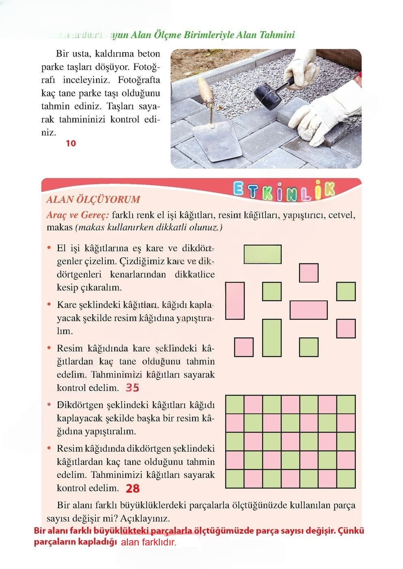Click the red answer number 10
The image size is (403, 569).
coord(71,143)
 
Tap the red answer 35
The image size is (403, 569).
coord(132,388)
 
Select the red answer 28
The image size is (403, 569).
coord(133,488)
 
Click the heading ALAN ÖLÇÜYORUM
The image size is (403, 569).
coord(93,200)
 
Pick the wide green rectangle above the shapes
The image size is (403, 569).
coord(263,254)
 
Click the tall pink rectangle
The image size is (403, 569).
coord(235,301)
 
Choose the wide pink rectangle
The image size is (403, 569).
coord(308,310)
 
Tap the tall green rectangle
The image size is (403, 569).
coord(272,338)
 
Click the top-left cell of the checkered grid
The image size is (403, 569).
coord(235,404)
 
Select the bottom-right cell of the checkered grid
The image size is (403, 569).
coord(346,479)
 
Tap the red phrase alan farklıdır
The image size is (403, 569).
coord(149,542)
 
